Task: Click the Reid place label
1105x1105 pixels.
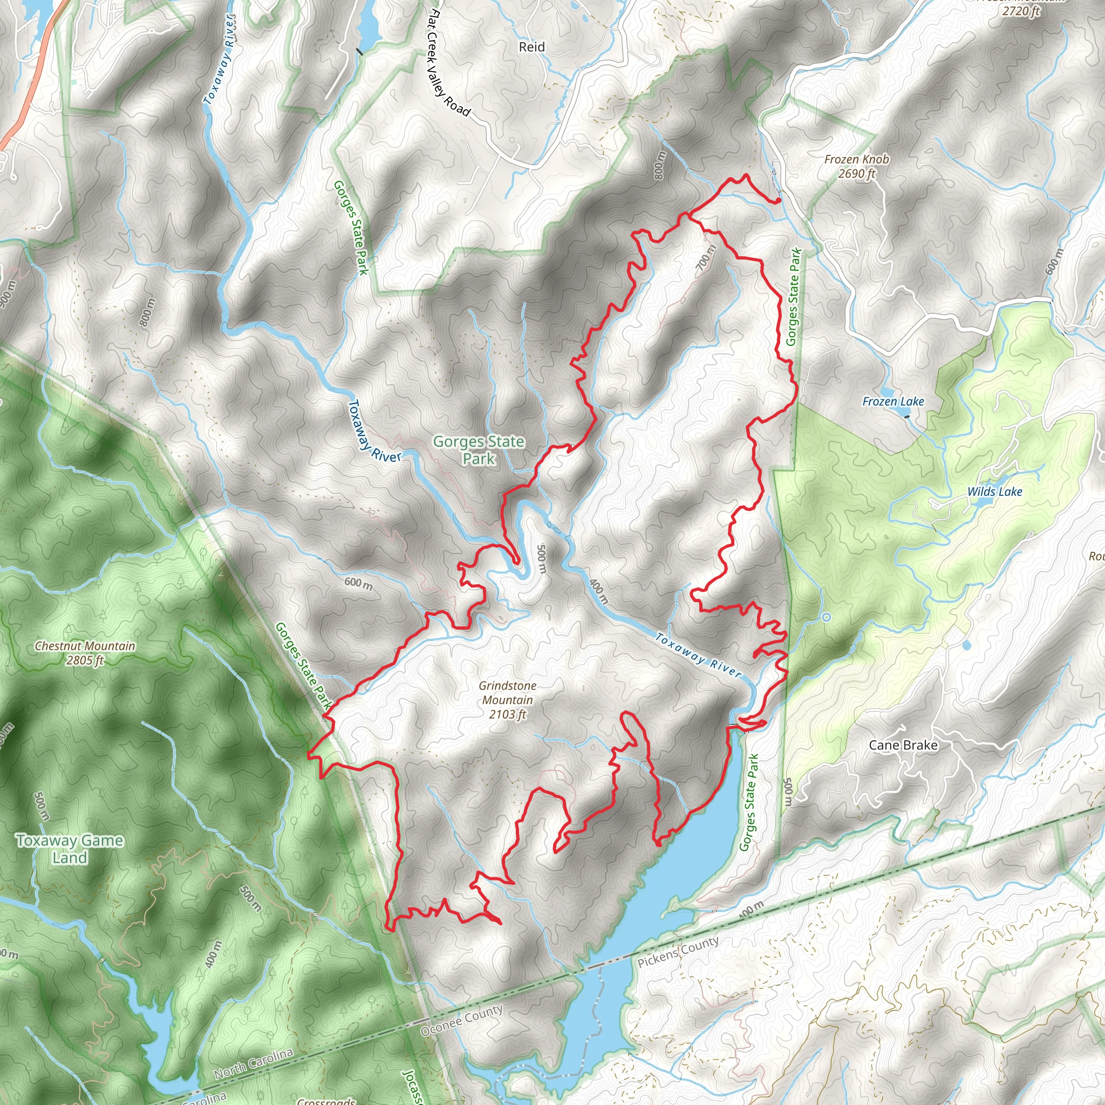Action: tap(531, 47)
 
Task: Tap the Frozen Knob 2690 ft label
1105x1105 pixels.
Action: tap(856, 166)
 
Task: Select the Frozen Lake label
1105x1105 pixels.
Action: tap(893, 401)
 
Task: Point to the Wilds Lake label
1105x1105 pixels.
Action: tap(994, 492)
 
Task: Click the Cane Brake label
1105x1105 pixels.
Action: tap(903, 745)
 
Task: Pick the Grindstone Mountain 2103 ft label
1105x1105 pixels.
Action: tap(507, 699)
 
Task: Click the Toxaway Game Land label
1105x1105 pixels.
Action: tap(69, 849)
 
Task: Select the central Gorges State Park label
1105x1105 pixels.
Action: tap(478, 449)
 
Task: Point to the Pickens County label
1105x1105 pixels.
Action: tap(678, 952)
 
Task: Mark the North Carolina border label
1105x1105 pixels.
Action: tap(254, 1065)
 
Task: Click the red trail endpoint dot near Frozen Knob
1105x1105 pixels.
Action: tap(779, 201)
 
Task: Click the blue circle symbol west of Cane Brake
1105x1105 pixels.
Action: tap(826, 617)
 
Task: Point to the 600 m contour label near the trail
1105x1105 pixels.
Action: tap(358, 583)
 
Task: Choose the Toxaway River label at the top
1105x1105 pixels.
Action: tap(220, 59)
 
